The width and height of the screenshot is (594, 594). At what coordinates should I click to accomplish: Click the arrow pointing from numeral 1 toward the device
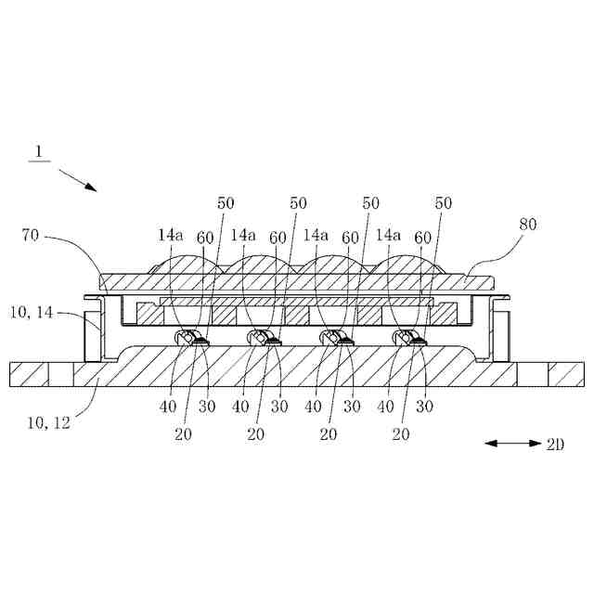[x=77, y=179]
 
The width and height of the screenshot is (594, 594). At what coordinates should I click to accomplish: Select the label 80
[x=527, y=224]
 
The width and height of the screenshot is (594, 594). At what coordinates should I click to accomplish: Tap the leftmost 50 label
[x=226, y=202]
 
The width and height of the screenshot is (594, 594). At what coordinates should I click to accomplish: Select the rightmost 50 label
[x=444, y=202]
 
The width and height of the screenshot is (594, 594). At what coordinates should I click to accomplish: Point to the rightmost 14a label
[x=390, y=237]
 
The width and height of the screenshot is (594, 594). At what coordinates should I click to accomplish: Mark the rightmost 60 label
[x=422, y=238]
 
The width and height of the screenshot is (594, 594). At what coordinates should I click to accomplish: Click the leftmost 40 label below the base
[x=169, y=406]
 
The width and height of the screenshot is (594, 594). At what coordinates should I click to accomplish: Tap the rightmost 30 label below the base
[x=425, y=406]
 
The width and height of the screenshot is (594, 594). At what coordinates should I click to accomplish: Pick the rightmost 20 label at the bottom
[x=401, y=433]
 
